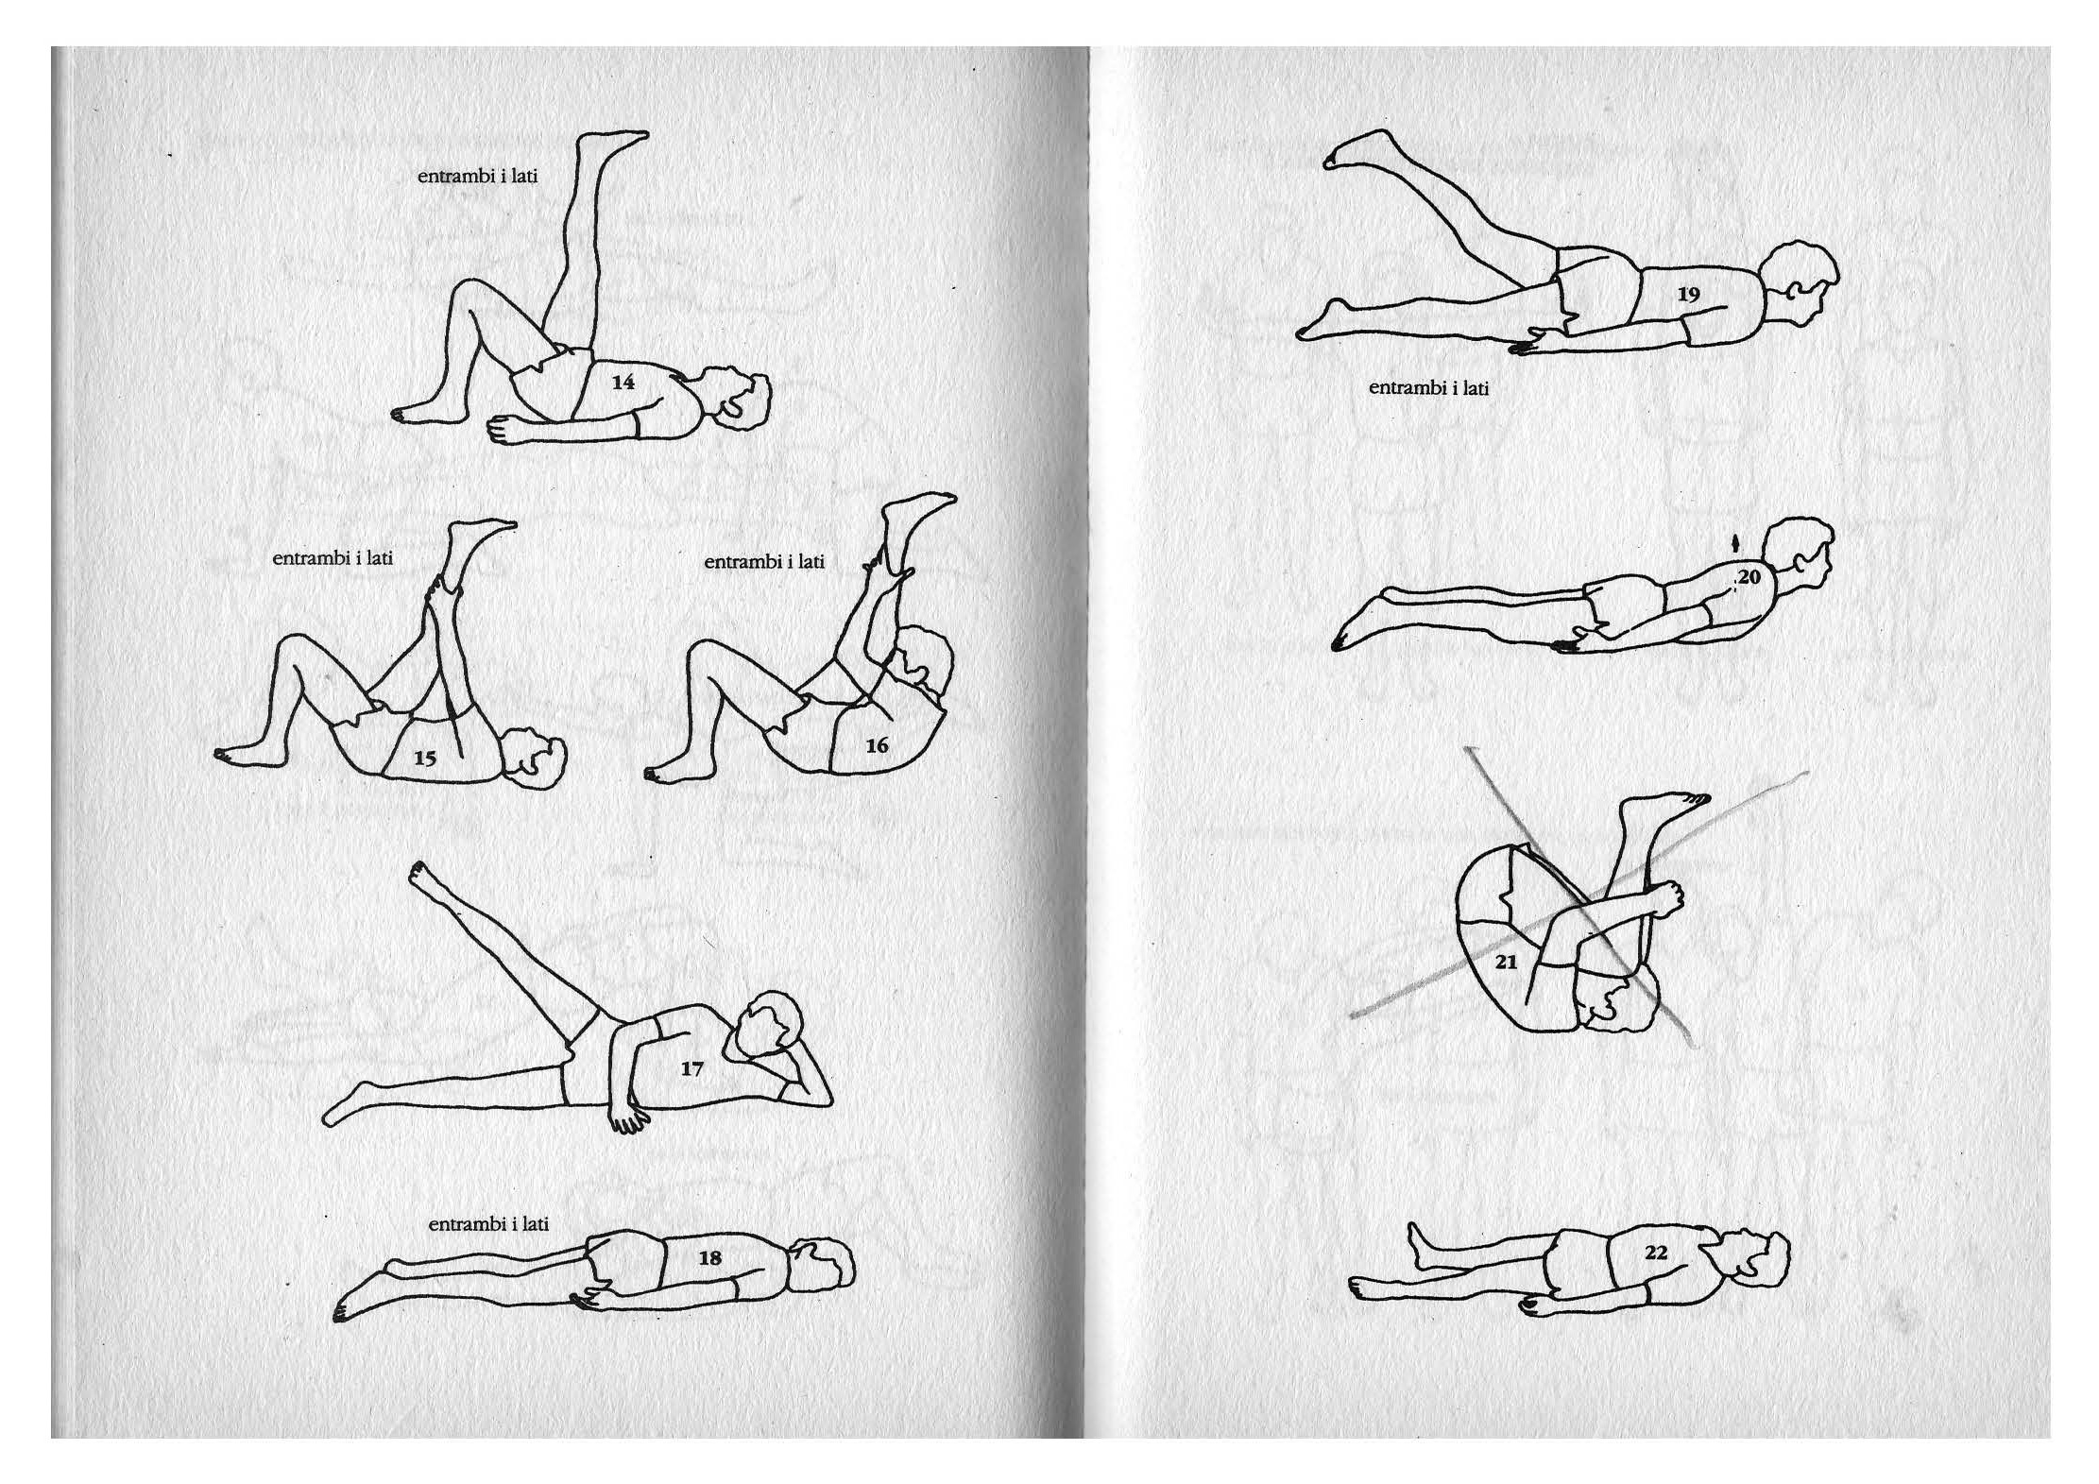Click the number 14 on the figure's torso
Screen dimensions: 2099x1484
coord(623,382)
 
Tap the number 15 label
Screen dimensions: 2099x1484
coord(425,758)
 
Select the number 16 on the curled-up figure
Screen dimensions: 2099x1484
coord(877,745)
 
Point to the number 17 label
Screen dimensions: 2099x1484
coord(691,1068)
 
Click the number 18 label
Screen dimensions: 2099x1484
coord(709,1257)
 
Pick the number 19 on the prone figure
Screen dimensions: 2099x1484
coord(1688,294)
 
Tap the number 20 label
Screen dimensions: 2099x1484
coord(1749,576)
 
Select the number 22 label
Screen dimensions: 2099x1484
coord(1656,1253)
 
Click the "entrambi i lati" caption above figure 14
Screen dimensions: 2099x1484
coord(477,176)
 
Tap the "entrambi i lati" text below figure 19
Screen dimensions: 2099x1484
coord(1428,387)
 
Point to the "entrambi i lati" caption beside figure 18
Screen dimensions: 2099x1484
coord(488,1223)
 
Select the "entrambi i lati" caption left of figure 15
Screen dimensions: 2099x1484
coord(332,557)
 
